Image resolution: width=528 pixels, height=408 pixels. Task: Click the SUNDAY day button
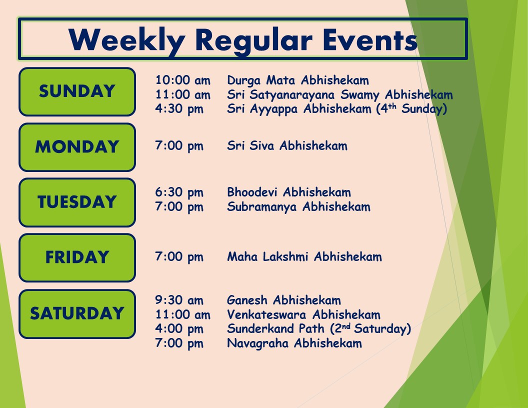(x=77, y=91)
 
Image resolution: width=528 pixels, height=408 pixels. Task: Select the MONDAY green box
(x=77, y=147)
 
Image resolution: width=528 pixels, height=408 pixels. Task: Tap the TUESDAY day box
(x=77, y=202)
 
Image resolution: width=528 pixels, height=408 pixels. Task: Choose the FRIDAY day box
(x=77, y=257)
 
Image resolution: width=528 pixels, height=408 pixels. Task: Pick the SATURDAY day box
(x=77, y=313)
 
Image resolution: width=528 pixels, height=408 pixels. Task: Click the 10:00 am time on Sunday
(x=182, y=80)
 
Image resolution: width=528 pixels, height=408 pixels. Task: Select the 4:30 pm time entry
(x=179, y=109)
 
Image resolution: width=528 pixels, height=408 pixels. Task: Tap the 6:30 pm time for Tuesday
(x=179, y=192)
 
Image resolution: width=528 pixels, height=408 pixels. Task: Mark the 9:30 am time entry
(x=179, y=300)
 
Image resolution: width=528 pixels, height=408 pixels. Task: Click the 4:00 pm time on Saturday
(x=179, y=329)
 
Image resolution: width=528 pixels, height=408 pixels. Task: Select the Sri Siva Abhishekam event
(x=287, y=146)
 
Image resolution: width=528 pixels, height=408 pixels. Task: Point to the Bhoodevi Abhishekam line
(x=289, y=192)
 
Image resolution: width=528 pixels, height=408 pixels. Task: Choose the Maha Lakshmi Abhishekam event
(x=304, y=256)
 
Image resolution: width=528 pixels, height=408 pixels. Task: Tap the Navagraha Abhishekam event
(x=294, y=343)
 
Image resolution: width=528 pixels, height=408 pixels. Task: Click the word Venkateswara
(x=266, y=314)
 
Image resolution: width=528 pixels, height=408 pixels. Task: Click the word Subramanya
(x=261, y=207)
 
